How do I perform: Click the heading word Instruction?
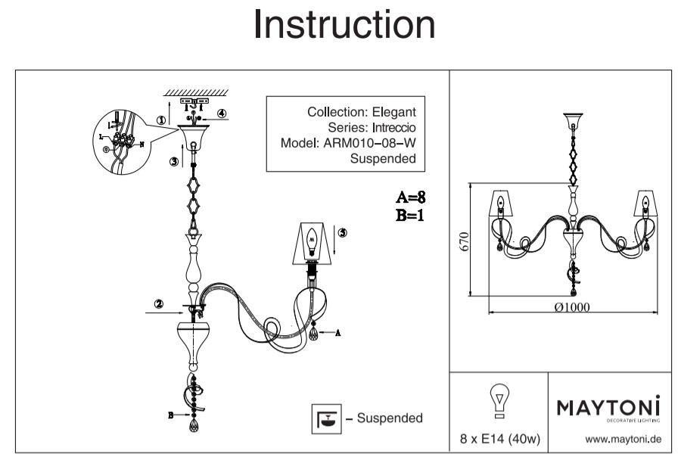click(x=344, y=25)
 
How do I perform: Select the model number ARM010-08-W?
click(x=372, y=143)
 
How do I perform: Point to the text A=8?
click(x=412, y=198)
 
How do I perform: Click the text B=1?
click(x=411, y=215)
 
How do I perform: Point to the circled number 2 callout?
click(x=159, y=305)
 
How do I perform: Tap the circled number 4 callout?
click(x=222, y=113)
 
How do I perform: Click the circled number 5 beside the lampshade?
click(x=342, y=233)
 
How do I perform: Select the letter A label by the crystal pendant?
click(x=337, y=332)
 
